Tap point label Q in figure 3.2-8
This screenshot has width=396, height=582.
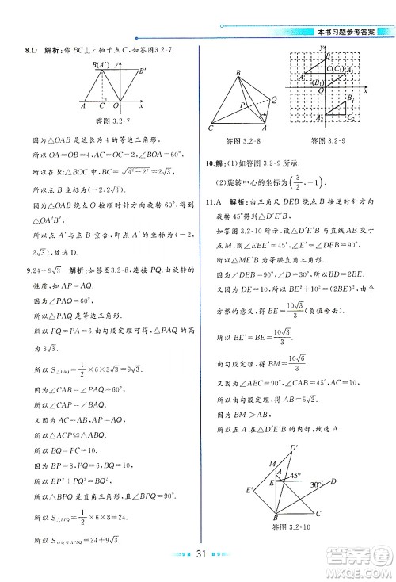tap(273, 98)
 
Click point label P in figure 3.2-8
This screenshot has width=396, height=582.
tap(242, 104)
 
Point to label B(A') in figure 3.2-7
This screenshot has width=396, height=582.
tap(99, 65)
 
